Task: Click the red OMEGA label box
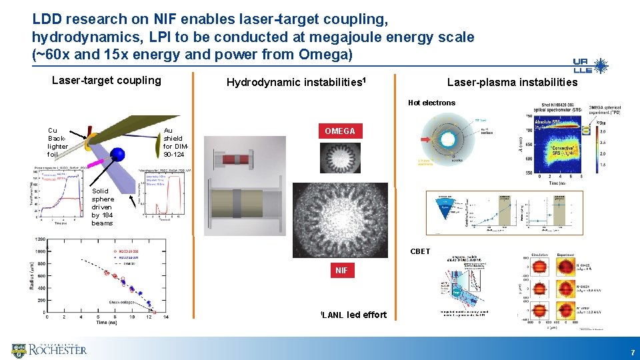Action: (339, 131)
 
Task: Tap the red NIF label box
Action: (341, 271)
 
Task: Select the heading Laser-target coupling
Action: (107, 81)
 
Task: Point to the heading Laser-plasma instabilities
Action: (512, 83)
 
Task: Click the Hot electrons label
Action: (431, 103)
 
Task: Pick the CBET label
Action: (420, 251)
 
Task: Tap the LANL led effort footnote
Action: (353, 315)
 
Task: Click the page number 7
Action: (631, 351)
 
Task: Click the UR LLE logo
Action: (590, 65)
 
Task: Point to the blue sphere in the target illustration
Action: (119, 154)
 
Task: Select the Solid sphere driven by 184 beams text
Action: (103, 207)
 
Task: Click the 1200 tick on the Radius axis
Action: (39, 239)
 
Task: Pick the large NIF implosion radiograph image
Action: (341, 219)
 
